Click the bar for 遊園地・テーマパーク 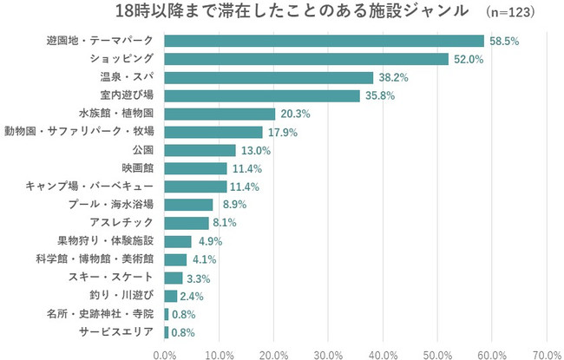pyautogui.click(x=324, y=41)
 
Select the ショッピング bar pyautogui.click(x=305, y=59)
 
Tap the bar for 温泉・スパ pyautogui.click(x=268, y=77)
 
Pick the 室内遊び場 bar pyautogui.click(x=261, y=95)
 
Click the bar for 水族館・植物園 pyautogui.click(x=220, y=114)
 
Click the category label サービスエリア pyautogui.click(x=116, y=332)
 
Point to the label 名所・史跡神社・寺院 pyautogui.click(x=99, y=314)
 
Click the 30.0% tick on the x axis pyautogui.click(x=328, y=353)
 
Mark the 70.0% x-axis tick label pyautogui.click(x=547, y=353)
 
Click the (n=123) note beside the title pyautogui.click(x=510, y=13)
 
